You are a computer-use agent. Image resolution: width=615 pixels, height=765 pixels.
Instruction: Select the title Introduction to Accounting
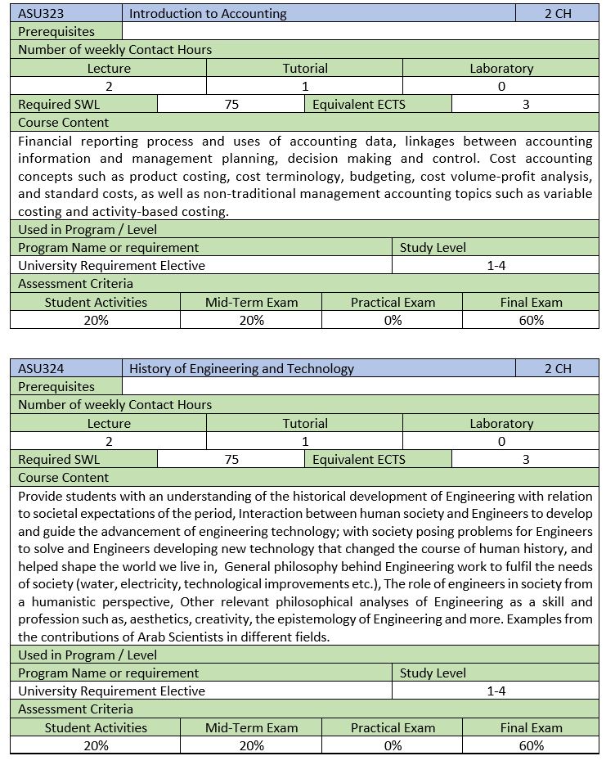208,13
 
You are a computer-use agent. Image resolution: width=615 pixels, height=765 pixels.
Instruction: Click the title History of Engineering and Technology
241,368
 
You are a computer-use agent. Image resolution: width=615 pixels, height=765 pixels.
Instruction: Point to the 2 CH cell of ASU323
558,13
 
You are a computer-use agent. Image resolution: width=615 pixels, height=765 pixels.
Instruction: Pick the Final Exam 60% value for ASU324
531,745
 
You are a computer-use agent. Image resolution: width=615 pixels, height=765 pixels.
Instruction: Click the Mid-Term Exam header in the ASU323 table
251,302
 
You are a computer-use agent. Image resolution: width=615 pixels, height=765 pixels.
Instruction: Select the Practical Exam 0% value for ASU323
393,320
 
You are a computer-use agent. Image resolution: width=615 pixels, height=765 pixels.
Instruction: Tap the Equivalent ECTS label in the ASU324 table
358,459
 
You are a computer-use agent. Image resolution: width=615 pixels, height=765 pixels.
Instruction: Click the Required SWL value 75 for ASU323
231,104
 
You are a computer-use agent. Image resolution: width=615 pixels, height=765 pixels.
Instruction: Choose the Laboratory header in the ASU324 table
501,423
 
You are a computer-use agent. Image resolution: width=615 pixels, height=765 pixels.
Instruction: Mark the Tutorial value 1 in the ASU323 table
305,86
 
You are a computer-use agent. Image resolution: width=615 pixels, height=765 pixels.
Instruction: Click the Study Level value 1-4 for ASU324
496,691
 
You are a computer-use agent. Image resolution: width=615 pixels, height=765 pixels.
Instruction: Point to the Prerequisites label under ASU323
56,31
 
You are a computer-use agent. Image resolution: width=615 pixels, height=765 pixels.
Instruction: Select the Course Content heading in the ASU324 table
63,477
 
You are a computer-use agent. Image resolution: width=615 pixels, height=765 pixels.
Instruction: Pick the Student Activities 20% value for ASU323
96,320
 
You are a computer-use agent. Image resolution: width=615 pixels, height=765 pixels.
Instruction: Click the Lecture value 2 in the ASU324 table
109,441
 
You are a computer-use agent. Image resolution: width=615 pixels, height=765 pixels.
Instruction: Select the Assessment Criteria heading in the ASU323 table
75,284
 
